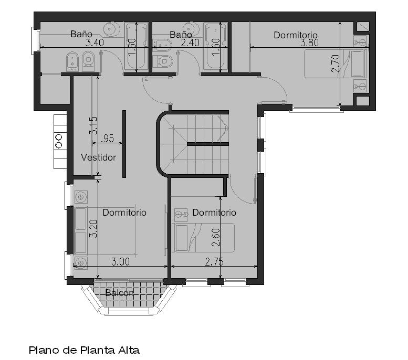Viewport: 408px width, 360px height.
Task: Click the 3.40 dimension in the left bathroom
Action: [95, 43]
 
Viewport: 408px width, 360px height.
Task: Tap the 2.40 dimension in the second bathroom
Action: [190, 43]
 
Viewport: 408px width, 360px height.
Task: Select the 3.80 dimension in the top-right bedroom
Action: [309, 43]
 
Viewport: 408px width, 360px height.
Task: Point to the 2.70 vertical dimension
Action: [336, 63]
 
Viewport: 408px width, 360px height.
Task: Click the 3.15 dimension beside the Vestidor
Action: [93, 125]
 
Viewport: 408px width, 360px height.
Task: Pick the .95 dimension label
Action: [107, 138]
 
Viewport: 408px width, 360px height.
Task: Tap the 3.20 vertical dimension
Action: [93, 229]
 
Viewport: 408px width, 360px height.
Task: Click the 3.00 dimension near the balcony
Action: [120, 262]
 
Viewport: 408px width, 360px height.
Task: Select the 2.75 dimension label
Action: [214, 262]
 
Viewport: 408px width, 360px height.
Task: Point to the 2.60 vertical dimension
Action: [216, 237]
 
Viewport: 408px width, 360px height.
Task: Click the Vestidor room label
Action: [98, 157]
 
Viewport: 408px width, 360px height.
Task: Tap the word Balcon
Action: [119, 293]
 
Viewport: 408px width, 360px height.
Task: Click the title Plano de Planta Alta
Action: [84, 350]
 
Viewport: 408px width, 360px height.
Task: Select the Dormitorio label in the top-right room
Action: [296, 35]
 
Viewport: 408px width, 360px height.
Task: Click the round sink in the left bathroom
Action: [112, 29]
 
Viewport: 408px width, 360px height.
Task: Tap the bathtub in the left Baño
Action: [137, 46]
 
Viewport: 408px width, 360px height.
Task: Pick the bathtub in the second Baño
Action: [216, 46]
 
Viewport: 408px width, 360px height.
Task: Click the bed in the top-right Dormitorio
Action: [336, 63]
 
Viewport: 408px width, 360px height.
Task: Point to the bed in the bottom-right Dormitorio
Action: [203, 238]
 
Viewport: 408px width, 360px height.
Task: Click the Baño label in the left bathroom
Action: [81, 34]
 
